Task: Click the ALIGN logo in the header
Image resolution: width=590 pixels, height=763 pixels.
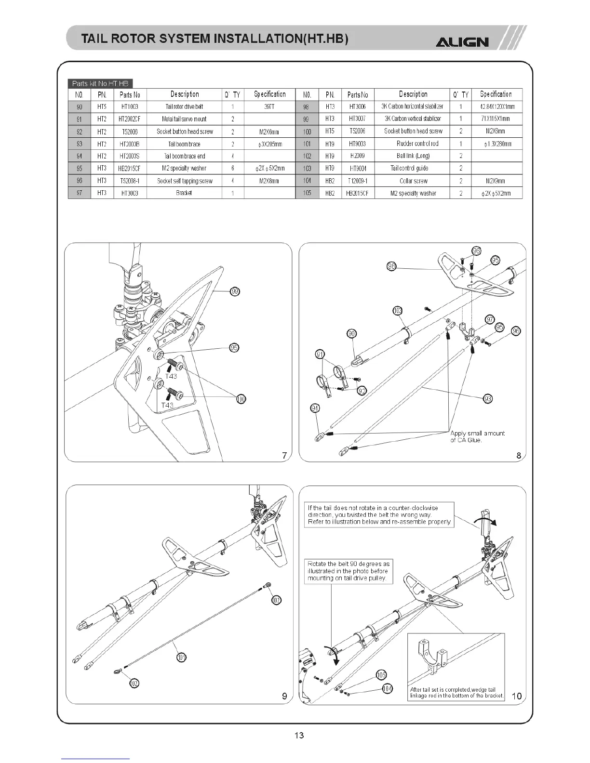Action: click(x=462, y=42)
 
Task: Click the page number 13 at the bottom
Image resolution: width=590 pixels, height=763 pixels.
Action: click(x=299, y=735)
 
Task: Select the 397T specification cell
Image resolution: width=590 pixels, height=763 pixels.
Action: click(x=269, y=106)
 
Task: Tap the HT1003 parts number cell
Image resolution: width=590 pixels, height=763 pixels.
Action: click(x=130, y=106)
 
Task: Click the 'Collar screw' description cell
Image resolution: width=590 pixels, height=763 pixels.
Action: click(x=413, y=181)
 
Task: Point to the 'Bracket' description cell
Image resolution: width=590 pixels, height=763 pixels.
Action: click(x=184, y=193)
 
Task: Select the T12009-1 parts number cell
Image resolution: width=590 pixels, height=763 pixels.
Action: click(x=358, y=181)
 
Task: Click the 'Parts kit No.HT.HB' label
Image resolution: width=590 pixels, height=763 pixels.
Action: click(x=100, y=84)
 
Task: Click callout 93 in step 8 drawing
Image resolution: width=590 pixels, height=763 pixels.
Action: click(x=488, y=399)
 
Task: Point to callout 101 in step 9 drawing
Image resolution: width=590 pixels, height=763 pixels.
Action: click(x=182, y=657)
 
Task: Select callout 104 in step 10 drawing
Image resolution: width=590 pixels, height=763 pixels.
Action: click(x=387, y=689)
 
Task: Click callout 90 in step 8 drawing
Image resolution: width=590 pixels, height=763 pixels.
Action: click(x=352, y=334)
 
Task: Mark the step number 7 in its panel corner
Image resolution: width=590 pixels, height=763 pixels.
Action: click(x=284, y=455)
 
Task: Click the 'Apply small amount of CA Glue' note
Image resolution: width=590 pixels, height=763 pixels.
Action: click(x=477, y=436)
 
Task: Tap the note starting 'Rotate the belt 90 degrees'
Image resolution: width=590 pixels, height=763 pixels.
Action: click(x=349, y=571)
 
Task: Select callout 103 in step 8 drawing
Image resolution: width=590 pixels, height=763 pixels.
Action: click(x=398, y=311)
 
